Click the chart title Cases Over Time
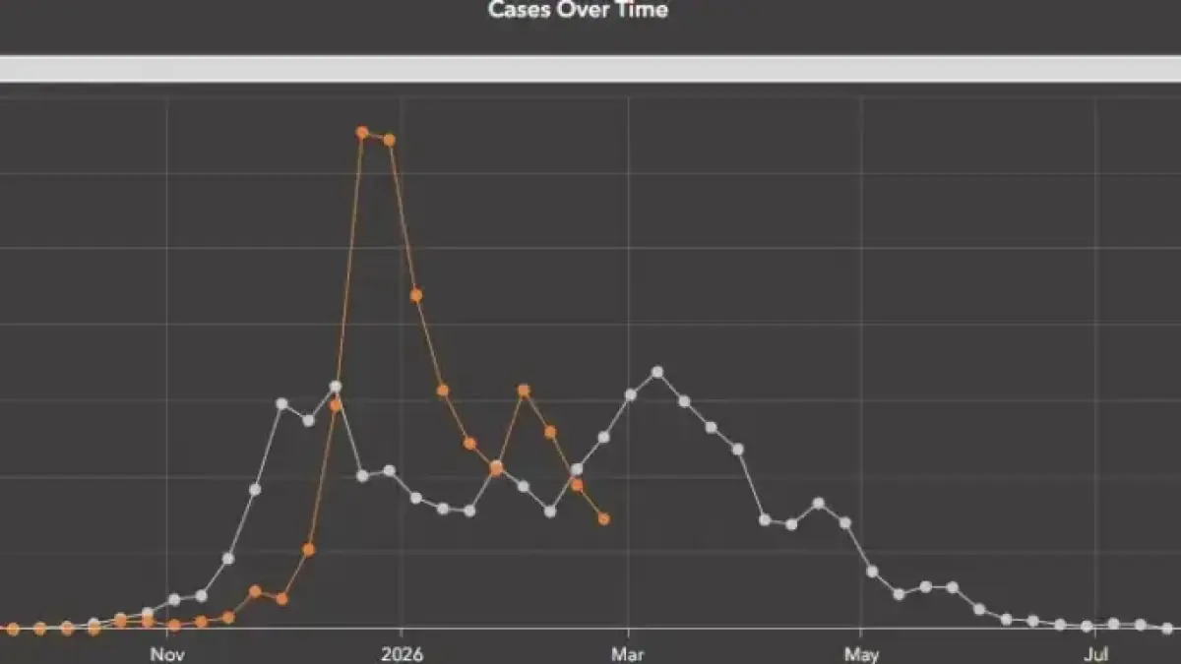(x=579, y=11)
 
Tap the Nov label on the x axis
(x=167, y=653)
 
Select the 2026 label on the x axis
(x=402, y=653)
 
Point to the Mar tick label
(x=628, y=653)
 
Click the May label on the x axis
(x=861, y=653)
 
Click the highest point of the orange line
(x=362, y=132)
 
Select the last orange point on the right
(x=603, y=518)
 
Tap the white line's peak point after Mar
(x=657, y=372)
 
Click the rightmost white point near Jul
(x=1167, y=628)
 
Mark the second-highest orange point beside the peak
(x=389, y=140)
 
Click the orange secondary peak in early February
(x=524, y=391)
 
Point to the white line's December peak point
(x=336, y=387)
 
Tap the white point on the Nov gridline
(x=174, y=599)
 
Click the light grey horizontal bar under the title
(x=590, y=69)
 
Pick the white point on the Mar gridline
(x=631, y=394)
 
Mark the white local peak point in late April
(x=818, y=503)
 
